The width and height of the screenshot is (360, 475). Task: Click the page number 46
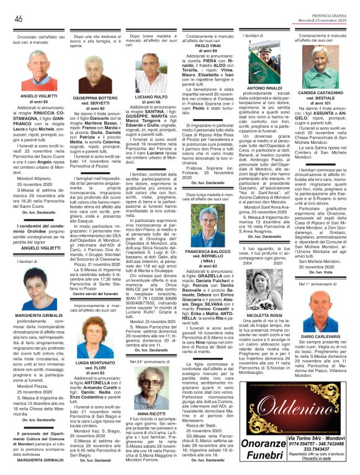[18, 19]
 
